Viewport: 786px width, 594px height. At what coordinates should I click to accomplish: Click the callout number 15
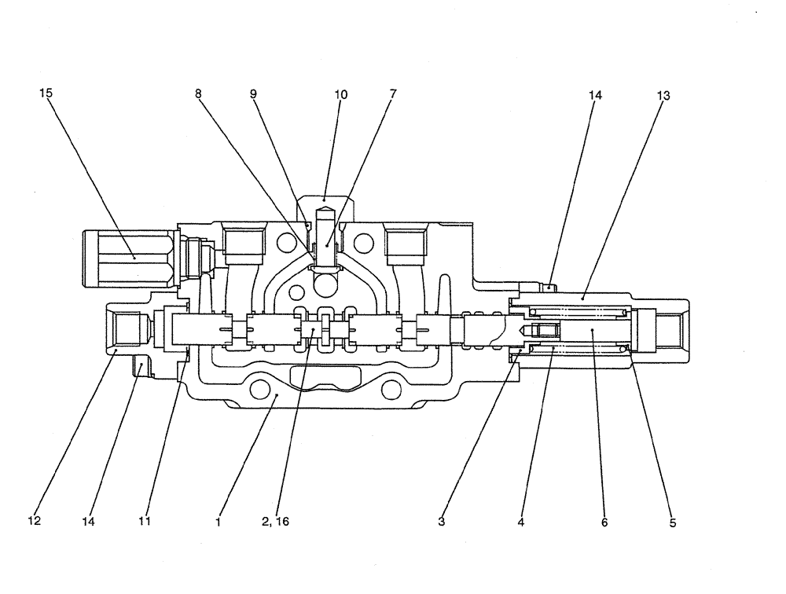click(x=46, y=93)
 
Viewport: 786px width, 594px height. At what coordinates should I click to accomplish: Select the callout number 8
click(x=198, y=93)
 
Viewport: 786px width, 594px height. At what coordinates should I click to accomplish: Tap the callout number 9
click(x=253, y=93)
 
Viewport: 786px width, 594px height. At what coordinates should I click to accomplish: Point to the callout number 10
click(x=340, y=93)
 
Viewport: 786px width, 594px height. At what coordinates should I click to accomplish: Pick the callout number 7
click(x=392, y=93)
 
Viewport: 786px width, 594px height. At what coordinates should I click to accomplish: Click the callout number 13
click(x=663, y=95)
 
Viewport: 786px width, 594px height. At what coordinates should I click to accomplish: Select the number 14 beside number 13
click(x=594, y=95)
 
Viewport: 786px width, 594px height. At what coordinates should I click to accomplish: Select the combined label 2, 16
click(x=277, y=521)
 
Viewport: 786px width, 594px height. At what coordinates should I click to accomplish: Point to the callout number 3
click(x=443, y=521)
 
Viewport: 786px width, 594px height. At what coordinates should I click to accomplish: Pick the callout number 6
click(x=604, y=521)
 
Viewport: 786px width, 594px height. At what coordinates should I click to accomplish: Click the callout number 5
click(x=673, y=521)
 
